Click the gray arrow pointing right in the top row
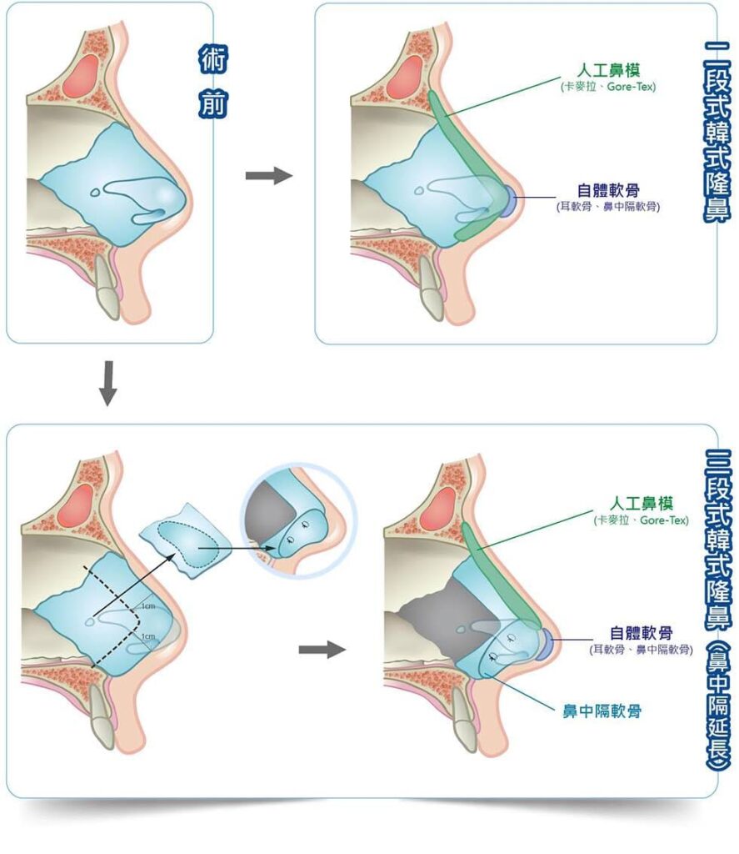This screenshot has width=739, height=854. [x=269, y=175]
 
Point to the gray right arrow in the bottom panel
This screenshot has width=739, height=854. [x=322, y=649]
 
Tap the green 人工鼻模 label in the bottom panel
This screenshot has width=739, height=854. [x=642, y=505]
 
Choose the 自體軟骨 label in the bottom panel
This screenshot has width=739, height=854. [x=642, y=632]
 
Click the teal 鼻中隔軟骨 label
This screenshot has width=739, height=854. [x=602, y=711]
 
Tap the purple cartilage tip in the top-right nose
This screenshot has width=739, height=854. [x=507, y=198]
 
